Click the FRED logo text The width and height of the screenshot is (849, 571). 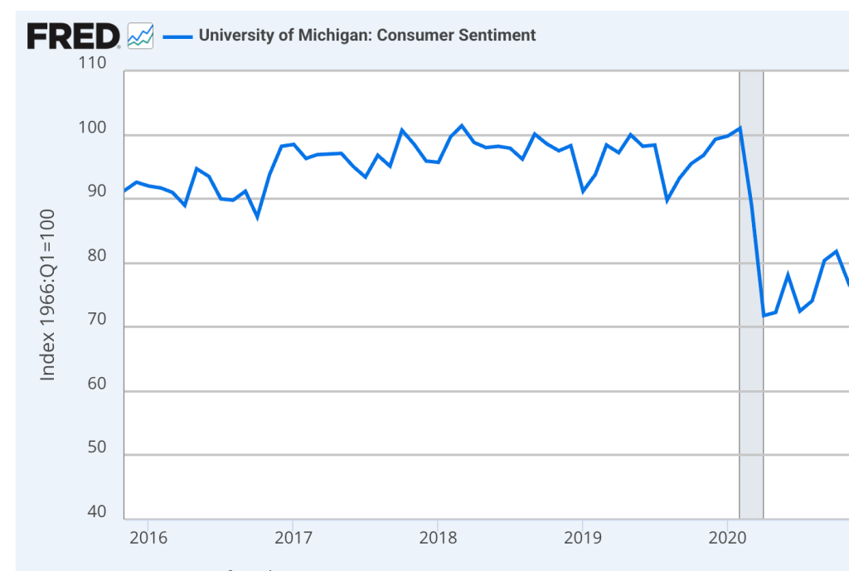pos(73,36)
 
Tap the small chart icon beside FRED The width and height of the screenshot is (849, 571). pos(141,36)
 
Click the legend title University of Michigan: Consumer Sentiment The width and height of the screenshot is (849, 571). pos(367,36)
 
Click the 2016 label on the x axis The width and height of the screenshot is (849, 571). pos(148,537)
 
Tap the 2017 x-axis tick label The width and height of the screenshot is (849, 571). pos(293,537)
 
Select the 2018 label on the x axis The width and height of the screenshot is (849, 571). pos(437,537)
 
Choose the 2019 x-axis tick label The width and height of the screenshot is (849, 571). pos(582,537)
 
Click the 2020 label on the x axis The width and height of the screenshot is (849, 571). pos(727,537)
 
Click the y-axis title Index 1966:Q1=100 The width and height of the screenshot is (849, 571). pos(48,294)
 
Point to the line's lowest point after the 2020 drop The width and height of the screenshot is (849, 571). pos(764,316)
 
